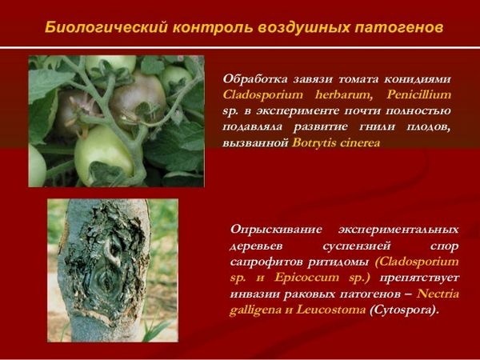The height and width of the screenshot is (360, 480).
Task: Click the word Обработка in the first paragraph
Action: click(255, 79)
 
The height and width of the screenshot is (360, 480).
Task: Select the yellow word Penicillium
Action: click(418, 95)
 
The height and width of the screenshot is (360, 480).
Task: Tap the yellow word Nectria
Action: click(438, 294)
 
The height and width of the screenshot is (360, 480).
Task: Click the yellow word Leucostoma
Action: click(330, 310)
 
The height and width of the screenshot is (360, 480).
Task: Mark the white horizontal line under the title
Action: click(240, 47)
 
